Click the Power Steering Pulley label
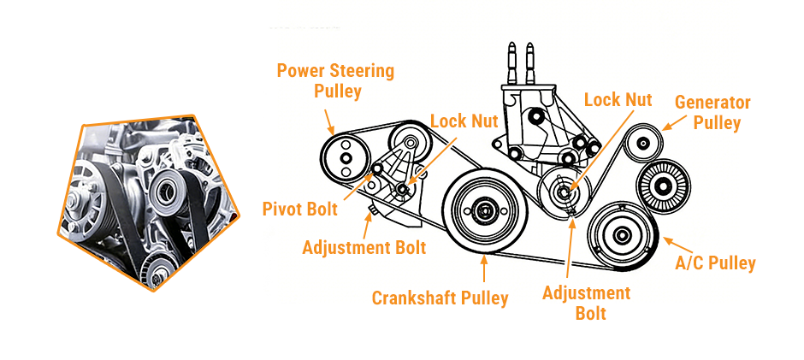pos(335,80)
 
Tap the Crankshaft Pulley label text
pos(440,298)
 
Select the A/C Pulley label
pos(716,263)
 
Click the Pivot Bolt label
pos(300,208)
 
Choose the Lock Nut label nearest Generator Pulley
pos(618,100)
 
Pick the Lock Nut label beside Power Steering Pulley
pos(463,121)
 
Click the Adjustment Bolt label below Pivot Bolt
pos(364,248)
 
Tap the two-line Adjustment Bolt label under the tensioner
pos(586,303)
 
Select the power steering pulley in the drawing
pos(346,158)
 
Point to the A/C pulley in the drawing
pos(622,234)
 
